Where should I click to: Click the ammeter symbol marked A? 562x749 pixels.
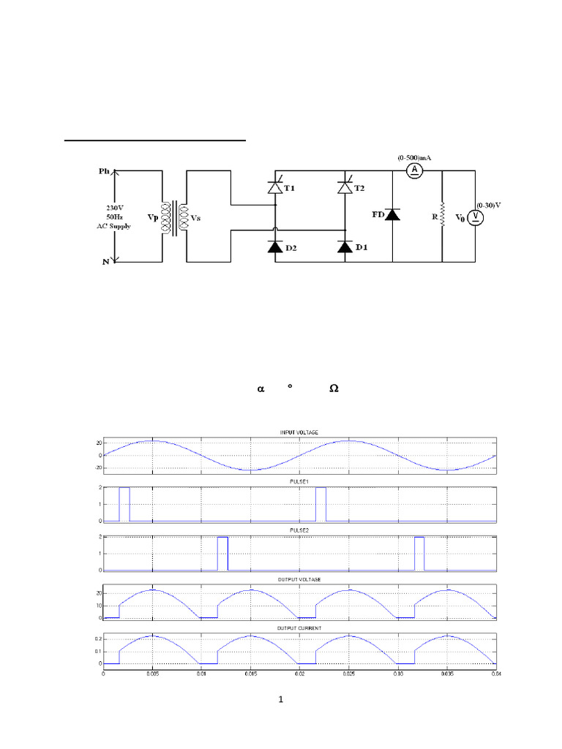415,170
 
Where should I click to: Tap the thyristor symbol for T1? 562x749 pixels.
275,188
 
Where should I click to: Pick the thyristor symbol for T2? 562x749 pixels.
345,188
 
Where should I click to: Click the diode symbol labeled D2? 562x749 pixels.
275,247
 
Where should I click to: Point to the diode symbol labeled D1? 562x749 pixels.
345,247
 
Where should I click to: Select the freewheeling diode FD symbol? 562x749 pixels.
392,215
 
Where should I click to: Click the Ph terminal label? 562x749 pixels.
104,171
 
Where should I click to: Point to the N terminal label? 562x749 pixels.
104,261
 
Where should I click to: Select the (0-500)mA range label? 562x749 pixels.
415,157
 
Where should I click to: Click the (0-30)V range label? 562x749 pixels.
490,205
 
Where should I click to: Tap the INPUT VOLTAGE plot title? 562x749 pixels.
300,433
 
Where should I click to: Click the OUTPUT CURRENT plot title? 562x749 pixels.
300,628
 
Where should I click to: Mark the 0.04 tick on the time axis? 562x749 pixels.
495,672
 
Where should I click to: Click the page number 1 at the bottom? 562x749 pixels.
281,700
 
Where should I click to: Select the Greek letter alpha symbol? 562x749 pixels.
260,388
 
